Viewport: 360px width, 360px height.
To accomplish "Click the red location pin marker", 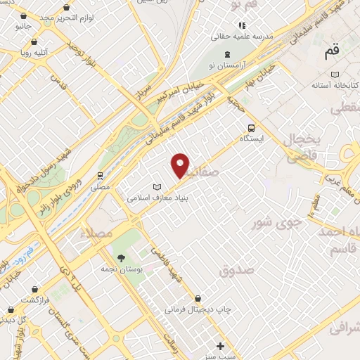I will click(181, 165).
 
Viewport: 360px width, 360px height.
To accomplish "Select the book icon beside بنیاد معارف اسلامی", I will click(157, 187).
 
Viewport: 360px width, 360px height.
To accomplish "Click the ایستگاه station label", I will click(252, 139).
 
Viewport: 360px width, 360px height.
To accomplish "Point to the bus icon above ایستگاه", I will click(251, 127).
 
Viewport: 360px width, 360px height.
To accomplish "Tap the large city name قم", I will click(331, 53).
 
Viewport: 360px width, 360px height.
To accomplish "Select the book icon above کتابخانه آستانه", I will click(335, 74).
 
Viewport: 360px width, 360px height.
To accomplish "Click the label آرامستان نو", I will click(227, 65).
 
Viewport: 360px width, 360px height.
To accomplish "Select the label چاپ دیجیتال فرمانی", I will click(198, 309).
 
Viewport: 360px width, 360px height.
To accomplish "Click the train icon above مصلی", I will click(101, 176).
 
